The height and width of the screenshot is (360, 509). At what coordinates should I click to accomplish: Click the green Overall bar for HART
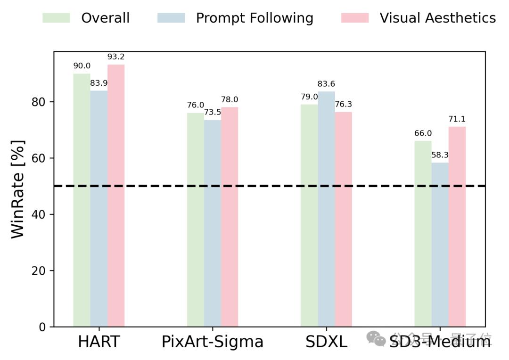[x=82, y=200]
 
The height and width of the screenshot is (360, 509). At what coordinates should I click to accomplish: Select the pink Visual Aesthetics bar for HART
[x=116, y=196]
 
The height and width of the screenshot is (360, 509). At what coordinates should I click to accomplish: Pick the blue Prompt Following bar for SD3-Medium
[x=440, y=245]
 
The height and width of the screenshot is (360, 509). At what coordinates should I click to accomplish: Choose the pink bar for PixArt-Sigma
[x=230, y=217]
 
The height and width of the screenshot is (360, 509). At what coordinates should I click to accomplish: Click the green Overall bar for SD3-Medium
[x=423, y=234]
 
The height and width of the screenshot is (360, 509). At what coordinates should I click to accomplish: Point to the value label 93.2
[x=116, y=57]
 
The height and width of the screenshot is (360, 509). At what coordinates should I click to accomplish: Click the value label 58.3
[x=440, y=155]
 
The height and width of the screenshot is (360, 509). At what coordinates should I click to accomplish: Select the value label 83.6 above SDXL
[x=326, y=84]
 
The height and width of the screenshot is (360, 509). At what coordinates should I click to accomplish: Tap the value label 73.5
[x=213, y=112]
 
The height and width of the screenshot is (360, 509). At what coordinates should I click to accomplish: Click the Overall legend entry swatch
[x=56, y=18]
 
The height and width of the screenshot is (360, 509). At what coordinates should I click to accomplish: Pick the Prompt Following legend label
[x=254, y=18]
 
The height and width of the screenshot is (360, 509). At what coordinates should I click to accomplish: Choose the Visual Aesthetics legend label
[x=437, y=18]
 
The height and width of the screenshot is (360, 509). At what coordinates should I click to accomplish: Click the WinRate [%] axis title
[x=18, y=188]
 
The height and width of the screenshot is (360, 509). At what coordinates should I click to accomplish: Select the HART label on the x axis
[x=99, y=342]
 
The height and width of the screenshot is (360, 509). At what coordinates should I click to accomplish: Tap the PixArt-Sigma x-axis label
[x=213, y=342]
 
